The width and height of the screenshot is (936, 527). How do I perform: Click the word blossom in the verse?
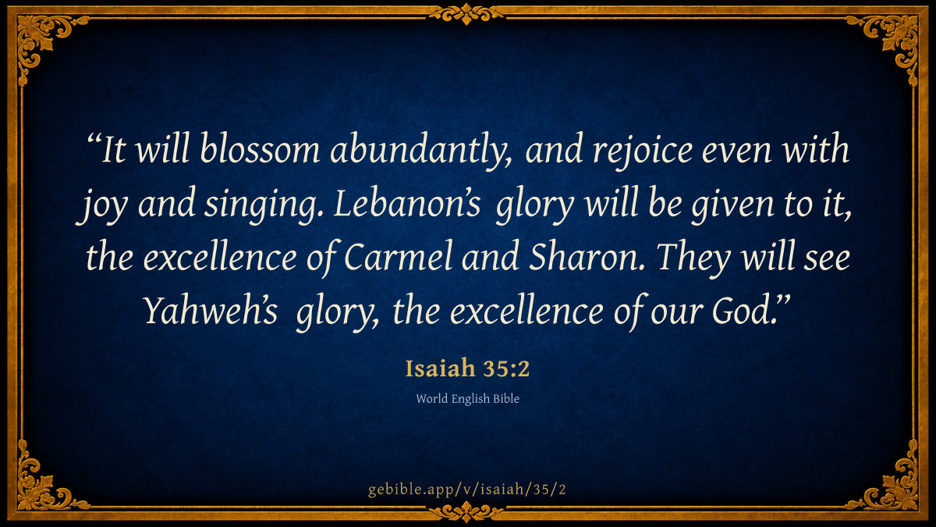click(x=260, y=149)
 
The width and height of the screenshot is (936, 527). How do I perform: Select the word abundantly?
click(x=420, y=151)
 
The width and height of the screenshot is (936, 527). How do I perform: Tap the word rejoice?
click(x=642, y=151)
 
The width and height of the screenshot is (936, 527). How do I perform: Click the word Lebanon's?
click(x=407, y=203)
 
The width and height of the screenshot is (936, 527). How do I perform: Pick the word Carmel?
click(x=399, y=256)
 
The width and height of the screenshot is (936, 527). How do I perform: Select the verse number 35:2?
click(x=506, y=369)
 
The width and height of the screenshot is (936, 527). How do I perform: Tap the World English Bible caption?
click(x=467, y=399)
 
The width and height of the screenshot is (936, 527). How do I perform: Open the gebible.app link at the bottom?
click(x=467, y=490)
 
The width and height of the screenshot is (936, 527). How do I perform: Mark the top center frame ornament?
click(x=466, y=14)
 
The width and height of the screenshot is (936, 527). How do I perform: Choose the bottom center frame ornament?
click(x=466, y=512)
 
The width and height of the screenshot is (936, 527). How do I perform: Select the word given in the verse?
click(x=732, y=205)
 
